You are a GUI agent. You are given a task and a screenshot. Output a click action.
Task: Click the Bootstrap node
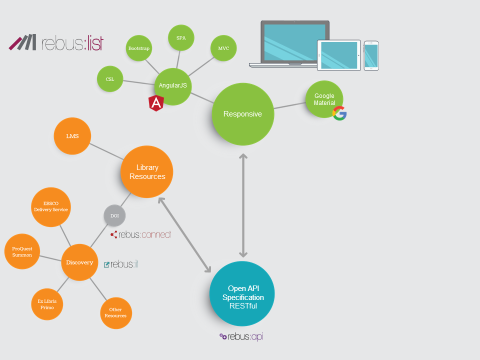[139, 48]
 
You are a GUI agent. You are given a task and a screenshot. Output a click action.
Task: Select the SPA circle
[181, 37]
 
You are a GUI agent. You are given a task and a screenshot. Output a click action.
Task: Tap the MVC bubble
[223, 48]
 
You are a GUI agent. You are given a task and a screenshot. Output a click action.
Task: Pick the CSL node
[110, 79]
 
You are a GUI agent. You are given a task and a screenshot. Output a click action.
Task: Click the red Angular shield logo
[156, 103]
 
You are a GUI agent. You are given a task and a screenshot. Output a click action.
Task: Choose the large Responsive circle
[243, 114]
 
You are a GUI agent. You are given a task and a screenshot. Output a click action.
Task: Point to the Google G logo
[339, 113]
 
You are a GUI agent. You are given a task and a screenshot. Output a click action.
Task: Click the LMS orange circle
[72, 136]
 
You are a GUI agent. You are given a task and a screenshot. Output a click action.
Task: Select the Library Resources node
[147, 172]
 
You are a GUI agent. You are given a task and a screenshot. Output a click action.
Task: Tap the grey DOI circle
[114, 215]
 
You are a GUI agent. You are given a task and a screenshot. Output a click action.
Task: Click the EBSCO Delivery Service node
[51, 206]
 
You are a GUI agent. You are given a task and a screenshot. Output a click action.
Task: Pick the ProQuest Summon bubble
[22, 251]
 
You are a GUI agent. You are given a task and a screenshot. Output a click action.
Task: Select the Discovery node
[79, 262]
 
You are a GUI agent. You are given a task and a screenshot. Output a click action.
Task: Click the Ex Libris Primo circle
[47, 304]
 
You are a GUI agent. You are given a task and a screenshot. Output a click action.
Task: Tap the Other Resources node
[116, 313]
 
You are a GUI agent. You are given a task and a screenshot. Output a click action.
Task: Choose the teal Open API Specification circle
[242, 293]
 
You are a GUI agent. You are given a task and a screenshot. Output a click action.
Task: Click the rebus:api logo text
[241, 337]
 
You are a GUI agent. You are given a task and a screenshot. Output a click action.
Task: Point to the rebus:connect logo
[141, 234]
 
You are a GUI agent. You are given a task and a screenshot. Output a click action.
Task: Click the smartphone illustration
[371, 55]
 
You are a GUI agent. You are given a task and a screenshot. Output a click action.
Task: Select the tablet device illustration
[339, 55]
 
